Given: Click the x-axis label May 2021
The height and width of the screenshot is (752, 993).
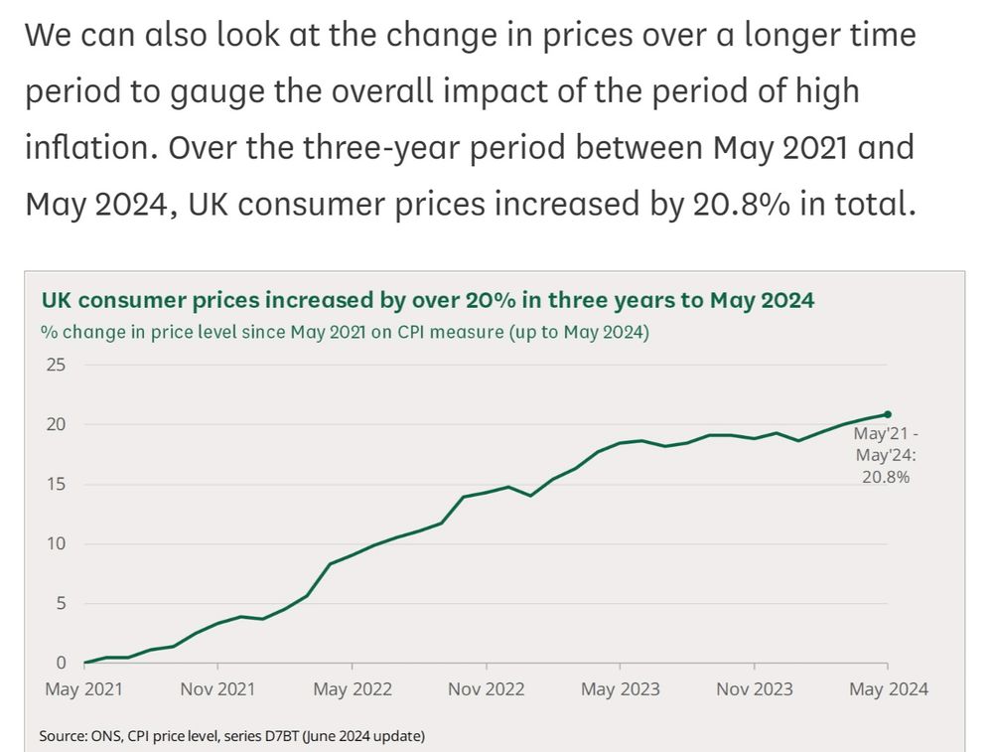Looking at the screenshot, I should coord(85,689).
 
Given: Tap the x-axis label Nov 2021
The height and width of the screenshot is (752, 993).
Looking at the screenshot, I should coord(217,689).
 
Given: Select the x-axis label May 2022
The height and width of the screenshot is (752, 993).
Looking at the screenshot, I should coord(352,689).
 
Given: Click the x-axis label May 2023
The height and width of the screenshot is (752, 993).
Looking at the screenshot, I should coord(620,689).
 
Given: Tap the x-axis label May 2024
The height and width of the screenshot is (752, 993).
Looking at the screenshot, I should coord(887,689).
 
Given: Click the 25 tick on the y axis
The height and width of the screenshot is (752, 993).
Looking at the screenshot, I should coord(56,365).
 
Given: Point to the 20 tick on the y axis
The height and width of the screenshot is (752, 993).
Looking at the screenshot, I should coord(56,424).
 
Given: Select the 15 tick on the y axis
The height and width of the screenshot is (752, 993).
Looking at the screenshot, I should coord(56,484).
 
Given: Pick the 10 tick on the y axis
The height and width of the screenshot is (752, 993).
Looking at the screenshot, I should coord(56,543).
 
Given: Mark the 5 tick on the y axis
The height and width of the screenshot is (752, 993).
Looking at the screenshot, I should coord(60,603).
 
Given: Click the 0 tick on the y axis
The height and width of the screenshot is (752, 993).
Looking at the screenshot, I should coord(60,663).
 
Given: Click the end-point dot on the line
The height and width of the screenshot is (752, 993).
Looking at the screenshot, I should coord(888,414).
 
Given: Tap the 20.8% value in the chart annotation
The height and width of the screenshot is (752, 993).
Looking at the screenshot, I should coord(888,476).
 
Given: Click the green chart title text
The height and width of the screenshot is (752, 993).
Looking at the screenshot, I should coord(427,300).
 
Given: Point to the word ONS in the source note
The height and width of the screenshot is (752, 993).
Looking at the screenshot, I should coord(109,736).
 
